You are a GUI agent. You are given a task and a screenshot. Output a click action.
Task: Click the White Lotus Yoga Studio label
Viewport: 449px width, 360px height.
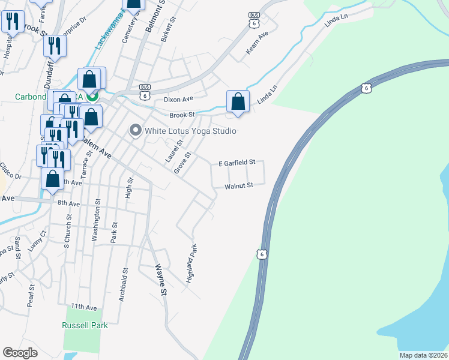coord(190,131)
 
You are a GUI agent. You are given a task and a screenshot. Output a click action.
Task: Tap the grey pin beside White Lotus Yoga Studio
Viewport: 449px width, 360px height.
coord(135,130)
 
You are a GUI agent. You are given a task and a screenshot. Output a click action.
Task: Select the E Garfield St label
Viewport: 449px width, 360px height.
coord(237,163)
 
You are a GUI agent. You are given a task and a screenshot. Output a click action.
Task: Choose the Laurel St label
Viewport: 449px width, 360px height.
coord(174,151)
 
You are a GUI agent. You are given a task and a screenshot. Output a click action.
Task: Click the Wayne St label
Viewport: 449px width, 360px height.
coord(160,279)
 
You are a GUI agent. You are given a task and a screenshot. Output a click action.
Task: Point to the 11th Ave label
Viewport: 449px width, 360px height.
coord(83,307)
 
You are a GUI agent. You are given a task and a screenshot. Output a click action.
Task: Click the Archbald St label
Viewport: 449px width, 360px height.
coord(123,284)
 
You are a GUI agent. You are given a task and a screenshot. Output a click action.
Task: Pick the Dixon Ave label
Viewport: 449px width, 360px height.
coord(178,98)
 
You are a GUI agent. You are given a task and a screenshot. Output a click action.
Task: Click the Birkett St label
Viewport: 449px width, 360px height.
coord(169,29)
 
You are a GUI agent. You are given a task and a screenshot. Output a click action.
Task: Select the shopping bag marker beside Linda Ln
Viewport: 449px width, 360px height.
coord(238,101)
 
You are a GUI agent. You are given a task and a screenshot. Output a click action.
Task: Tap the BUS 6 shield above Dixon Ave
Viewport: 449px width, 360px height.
coord(144,91)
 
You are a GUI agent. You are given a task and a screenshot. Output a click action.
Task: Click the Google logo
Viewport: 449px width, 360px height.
coord(20,353)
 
